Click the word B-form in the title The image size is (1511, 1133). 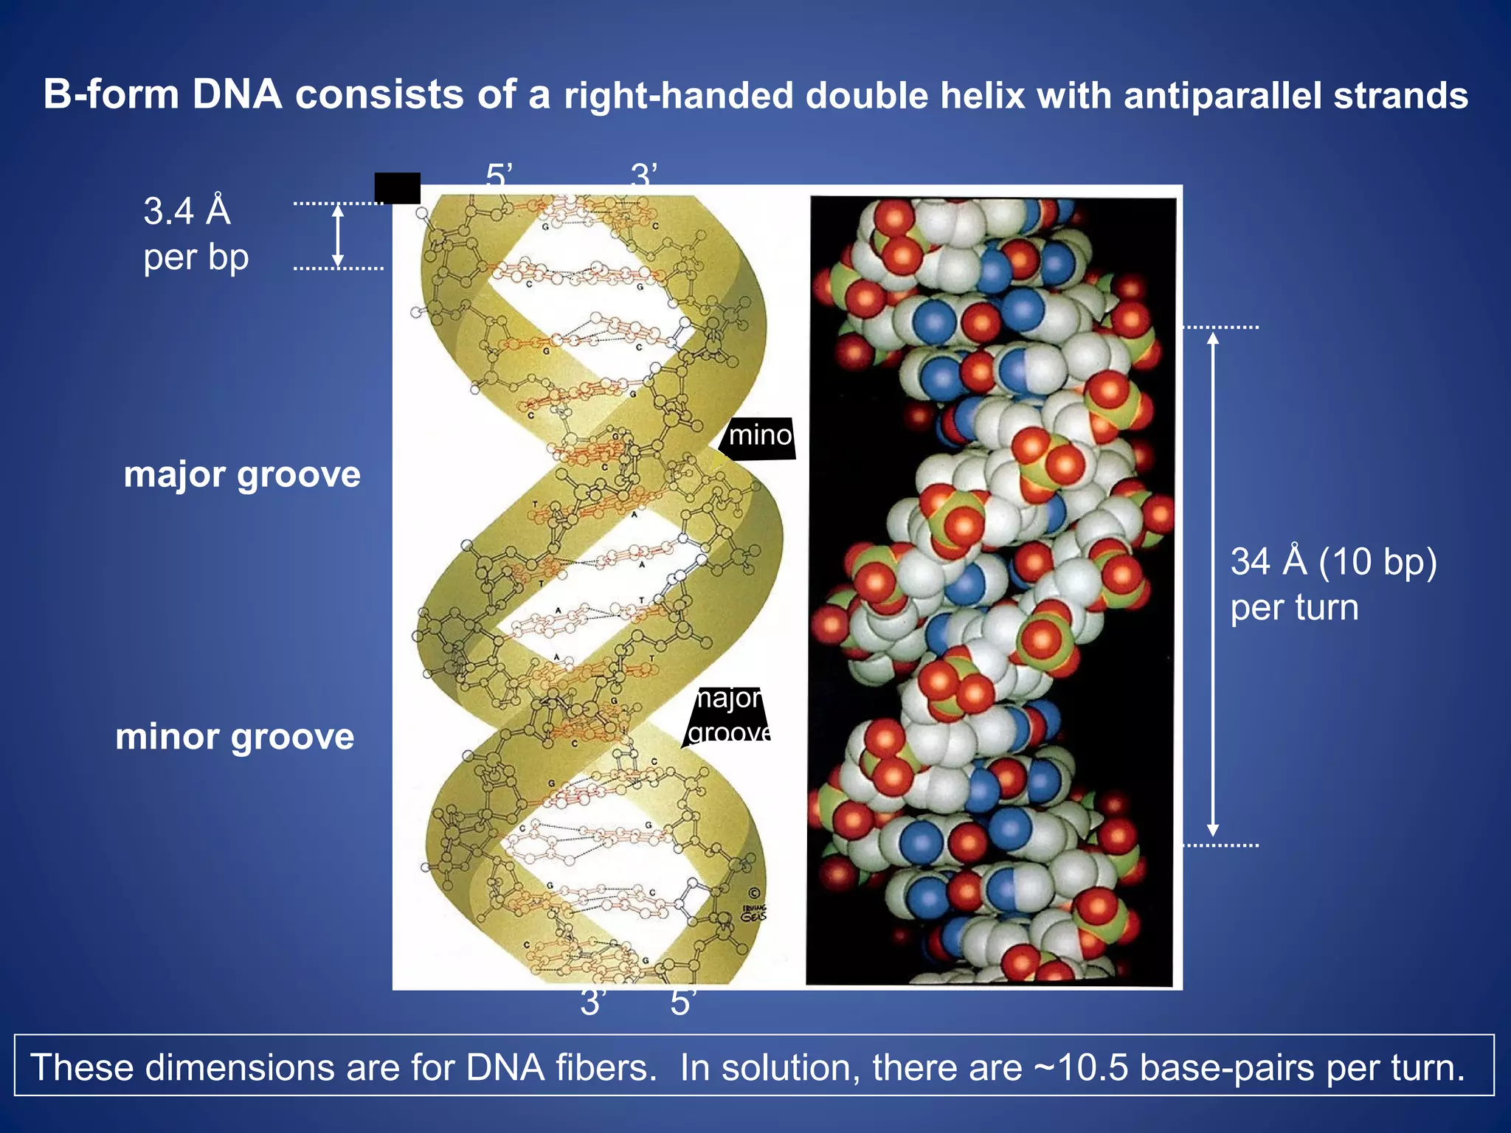click(x=111, y=95)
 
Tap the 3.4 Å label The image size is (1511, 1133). click(x=187, y=211)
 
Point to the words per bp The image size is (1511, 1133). click(x=196, y=257)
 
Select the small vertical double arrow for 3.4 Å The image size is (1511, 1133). click(x=338, y=235)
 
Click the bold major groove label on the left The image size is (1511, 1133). click(x=242, y=474)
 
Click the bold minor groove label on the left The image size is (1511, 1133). click(x=235, y=737)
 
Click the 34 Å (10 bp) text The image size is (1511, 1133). click(x=1333, y=562)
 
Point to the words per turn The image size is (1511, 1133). click(x=1294, y=609)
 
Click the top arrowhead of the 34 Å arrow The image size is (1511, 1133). click(x=1212, y=339)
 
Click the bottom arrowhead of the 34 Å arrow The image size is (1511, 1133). click(x=1212, y=831)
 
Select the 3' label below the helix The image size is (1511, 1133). click(x=592, y=1003)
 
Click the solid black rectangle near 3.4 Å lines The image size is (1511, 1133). click(x=397, y=188)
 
